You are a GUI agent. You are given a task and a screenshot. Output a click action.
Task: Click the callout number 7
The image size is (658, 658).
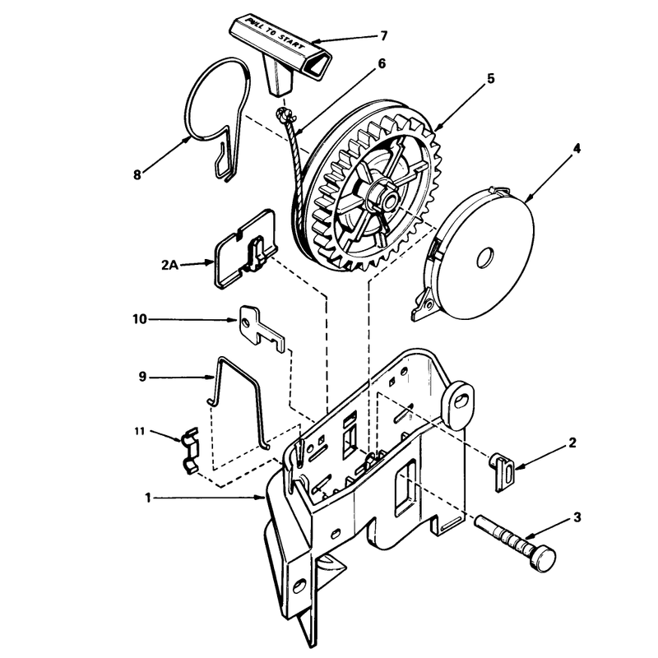(x=383, y=35)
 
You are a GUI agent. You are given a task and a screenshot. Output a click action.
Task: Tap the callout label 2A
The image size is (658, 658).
(x=169, y=265)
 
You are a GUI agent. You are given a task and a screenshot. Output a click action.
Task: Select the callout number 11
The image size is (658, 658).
(x=139, y=431)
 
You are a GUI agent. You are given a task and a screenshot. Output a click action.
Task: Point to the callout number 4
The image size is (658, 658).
(x=577, y=148)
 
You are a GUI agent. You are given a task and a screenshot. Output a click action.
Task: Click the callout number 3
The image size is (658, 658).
(x=577, y=517)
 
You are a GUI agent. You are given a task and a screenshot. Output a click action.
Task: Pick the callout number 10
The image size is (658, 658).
(x=140, y=319)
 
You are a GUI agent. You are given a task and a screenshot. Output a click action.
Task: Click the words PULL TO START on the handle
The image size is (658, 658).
(x=276, y=33)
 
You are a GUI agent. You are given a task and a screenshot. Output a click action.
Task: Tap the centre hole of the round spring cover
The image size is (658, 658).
(x=485, y=257)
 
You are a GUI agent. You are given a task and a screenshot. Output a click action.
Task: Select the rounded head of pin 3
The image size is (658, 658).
(x=543, y=558)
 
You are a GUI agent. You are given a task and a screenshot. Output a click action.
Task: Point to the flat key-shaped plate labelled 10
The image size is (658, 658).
(x=261, y=327)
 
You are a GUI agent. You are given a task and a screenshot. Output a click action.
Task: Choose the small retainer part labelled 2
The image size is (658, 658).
(x=503, y=471)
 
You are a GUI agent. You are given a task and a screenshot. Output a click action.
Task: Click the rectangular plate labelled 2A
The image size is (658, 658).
(x=246, y=250)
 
